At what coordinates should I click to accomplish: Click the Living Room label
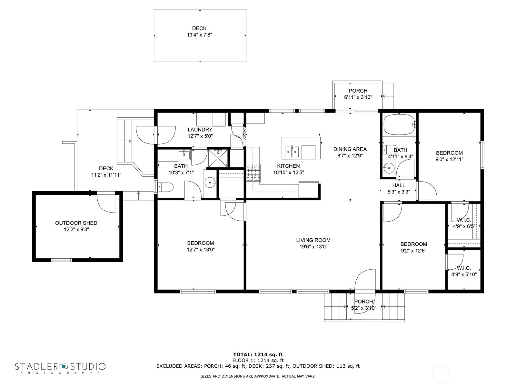click(313, 240)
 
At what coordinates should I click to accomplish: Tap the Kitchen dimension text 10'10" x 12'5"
click(288, 173)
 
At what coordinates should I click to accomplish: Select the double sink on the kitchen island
click(292, 151)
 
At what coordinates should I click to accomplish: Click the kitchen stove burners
click(253, 172)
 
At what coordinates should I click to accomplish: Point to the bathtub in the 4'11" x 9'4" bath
click(399, 124)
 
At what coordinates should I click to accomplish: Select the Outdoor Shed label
click(76, 223)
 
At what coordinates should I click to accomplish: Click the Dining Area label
click(350, 149)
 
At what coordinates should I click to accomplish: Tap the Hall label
click(399, 185)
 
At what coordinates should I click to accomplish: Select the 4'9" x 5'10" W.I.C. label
click(464, 268)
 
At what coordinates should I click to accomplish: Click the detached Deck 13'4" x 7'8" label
click(199, 28)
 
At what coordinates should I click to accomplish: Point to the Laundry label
click(200, 130)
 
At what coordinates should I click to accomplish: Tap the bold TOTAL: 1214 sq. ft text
click(258, 354)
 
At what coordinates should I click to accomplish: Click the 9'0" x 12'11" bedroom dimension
click(449, 159)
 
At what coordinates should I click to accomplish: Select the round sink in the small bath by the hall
click(389, 168)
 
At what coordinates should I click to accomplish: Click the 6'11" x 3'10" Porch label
click(358, 91)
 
